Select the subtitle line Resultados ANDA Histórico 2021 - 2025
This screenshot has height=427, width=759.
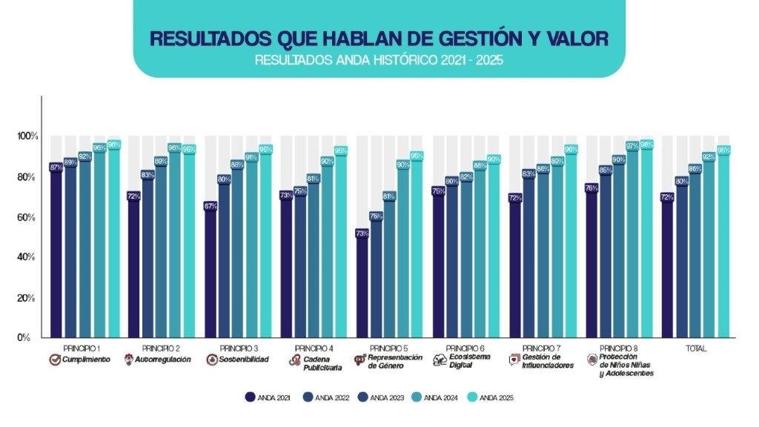pos(379,60)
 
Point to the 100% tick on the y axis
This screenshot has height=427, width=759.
pos(27,137)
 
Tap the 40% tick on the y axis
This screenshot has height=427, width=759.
pos(27,257)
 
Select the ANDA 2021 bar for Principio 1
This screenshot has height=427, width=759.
pos(56,252)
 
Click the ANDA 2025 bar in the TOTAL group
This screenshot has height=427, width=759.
pos(723,245)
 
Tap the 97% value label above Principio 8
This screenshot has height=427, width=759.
pos(632,146)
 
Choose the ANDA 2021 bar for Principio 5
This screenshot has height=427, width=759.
pos(363,285)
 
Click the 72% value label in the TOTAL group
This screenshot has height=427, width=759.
pos(667,197)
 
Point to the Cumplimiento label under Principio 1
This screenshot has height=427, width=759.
pos(85,360)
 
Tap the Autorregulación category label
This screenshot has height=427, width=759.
pos(160,360)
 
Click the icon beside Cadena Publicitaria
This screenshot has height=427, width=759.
pos(294,360)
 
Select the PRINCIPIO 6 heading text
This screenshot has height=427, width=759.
pos(467,348)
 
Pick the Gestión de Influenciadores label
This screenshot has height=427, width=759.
pos(548,361)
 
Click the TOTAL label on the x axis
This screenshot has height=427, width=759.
pos(696,348)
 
